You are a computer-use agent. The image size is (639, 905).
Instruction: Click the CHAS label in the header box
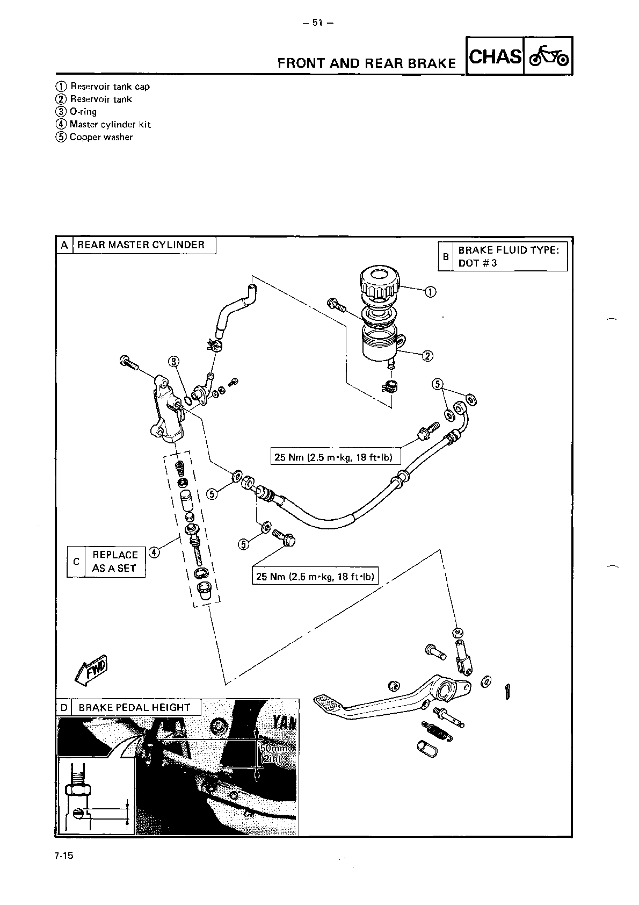[495, 56]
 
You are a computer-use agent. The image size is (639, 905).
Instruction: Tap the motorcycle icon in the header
[548, 56]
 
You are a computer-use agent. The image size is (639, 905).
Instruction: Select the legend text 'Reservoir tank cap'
[110, 87]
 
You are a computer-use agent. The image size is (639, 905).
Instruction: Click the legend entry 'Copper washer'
[101, 137]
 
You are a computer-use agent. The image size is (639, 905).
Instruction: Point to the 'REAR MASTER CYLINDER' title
[141, 245]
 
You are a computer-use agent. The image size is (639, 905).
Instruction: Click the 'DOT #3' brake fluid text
[477, 263]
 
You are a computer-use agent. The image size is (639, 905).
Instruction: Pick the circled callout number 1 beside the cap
[431, 292]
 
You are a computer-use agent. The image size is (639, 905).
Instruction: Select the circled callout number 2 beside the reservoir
[427, 356]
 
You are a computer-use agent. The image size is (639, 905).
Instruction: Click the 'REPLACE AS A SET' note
[114, 562]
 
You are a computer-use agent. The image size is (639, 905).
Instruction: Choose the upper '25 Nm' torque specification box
[333, 458]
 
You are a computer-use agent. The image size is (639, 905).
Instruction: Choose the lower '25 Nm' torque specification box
[315, 577]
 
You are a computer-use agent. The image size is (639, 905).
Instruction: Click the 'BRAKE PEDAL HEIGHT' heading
[134, 708]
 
